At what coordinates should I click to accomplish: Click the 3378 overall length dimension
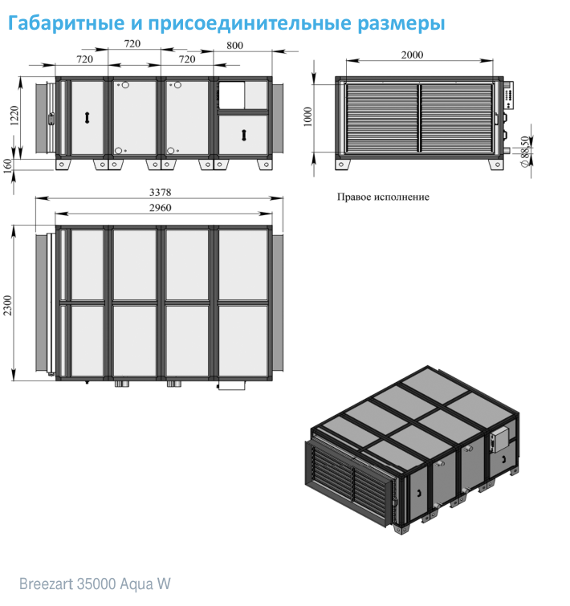pyautogui.click(x=160, y=192)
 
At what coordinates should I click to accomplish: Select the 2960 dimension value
pyautogui.click(x=160, y=208)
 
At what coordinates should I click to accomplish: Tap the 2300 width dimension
pyautogui.click(x=8, y=305)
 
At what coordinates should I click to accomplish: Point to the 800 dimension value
pyautogui.click(x=234, y=46)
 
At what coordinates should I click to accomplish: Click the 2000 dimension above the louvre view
pyautogui.click(x=412, y=55)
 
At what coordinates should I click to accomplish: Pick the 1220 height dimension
pyautogui.click(x=14, y=116)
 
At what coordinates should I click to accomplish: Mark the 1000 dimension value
pyautogui.click(x=307, y=116)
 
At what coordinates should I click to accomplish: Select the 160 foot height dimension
pyautogui.click(x=8, y=166)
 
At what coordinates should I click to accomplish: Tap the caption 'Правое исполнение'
pyautogui.click(x=383, y=197)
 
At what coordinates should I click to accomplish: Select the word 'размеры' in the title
pyautogui.click(x=401, y=24)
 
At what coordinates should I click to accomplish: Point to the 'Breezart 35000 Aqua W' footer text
pyautogui.click(x=95, y=584)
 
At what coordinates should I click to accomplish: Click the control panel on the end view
pyautogui.click(x=509, y=96)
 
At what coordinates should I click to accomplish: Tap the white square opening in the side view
pyautogui.click(x=231, y=95)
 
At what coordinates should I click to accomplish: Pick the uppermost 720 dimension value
pyautogui.click(x=132, y=43)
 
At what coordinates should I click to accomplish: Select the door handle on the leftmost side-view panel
pyautogui.click(x=88, y=117)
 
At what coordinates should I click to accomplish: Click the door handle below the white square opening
pyautogui.click(x=243, y=135)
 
